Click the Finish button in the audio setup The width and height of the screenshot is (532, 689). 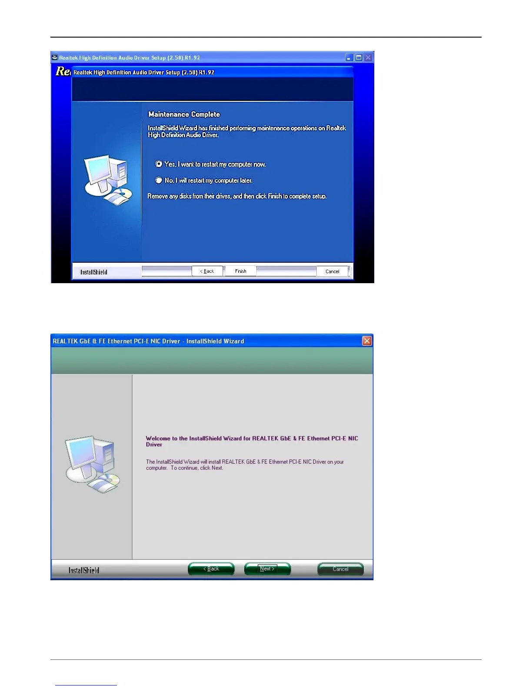pyautogui.click(x=240, y=271)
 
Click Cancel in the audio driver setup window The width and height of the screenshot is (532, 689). pyautogui.click(x=332, y=271)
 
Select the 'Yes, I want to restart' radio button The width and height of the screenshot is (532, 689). pyautogui.click(x=159, y=164)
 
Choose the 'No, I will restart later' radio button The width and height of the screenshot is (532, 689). pyautogui.click(x=159, y=180)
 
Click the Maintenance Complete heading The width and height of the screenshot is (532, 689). pyautogui.click(x=184, y=114)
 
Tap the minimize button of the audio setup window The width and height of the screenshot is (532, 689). pyautogui.click(x=349, y=57)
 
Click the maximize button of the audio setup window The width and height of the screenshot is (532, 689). pyautogui.click(x=359, y=57)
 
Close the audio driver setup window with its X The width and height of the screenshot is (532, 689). pyautogui.click(x=368, y=57)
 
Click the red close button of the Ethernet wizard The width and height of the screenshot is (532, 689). pyautogui.click(x=366, y=341)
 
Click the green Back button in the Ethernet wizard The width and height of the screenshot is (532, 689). pyautogui.click(x=211, y=569)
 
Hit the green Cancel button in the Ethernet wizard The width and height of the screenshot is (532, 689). pyautogui.click(x=340, y=569)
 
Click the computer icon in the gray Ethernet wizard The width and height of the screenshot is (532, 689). pyautogui.click(x=92, y=464)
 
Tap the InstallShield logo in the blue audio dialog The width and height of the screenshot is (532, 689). pyautogui.click(x=93, y=272)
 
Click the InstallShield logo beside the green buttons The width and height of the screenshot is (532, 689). pyautogui.click(x=83, y=570)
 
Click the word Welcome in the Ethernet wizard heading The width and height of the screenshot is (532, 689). pyautogui.click(x=158, y=438)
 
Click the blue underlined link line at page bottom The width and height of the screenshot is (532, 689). pyautogui.click(x=86, y=685)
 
